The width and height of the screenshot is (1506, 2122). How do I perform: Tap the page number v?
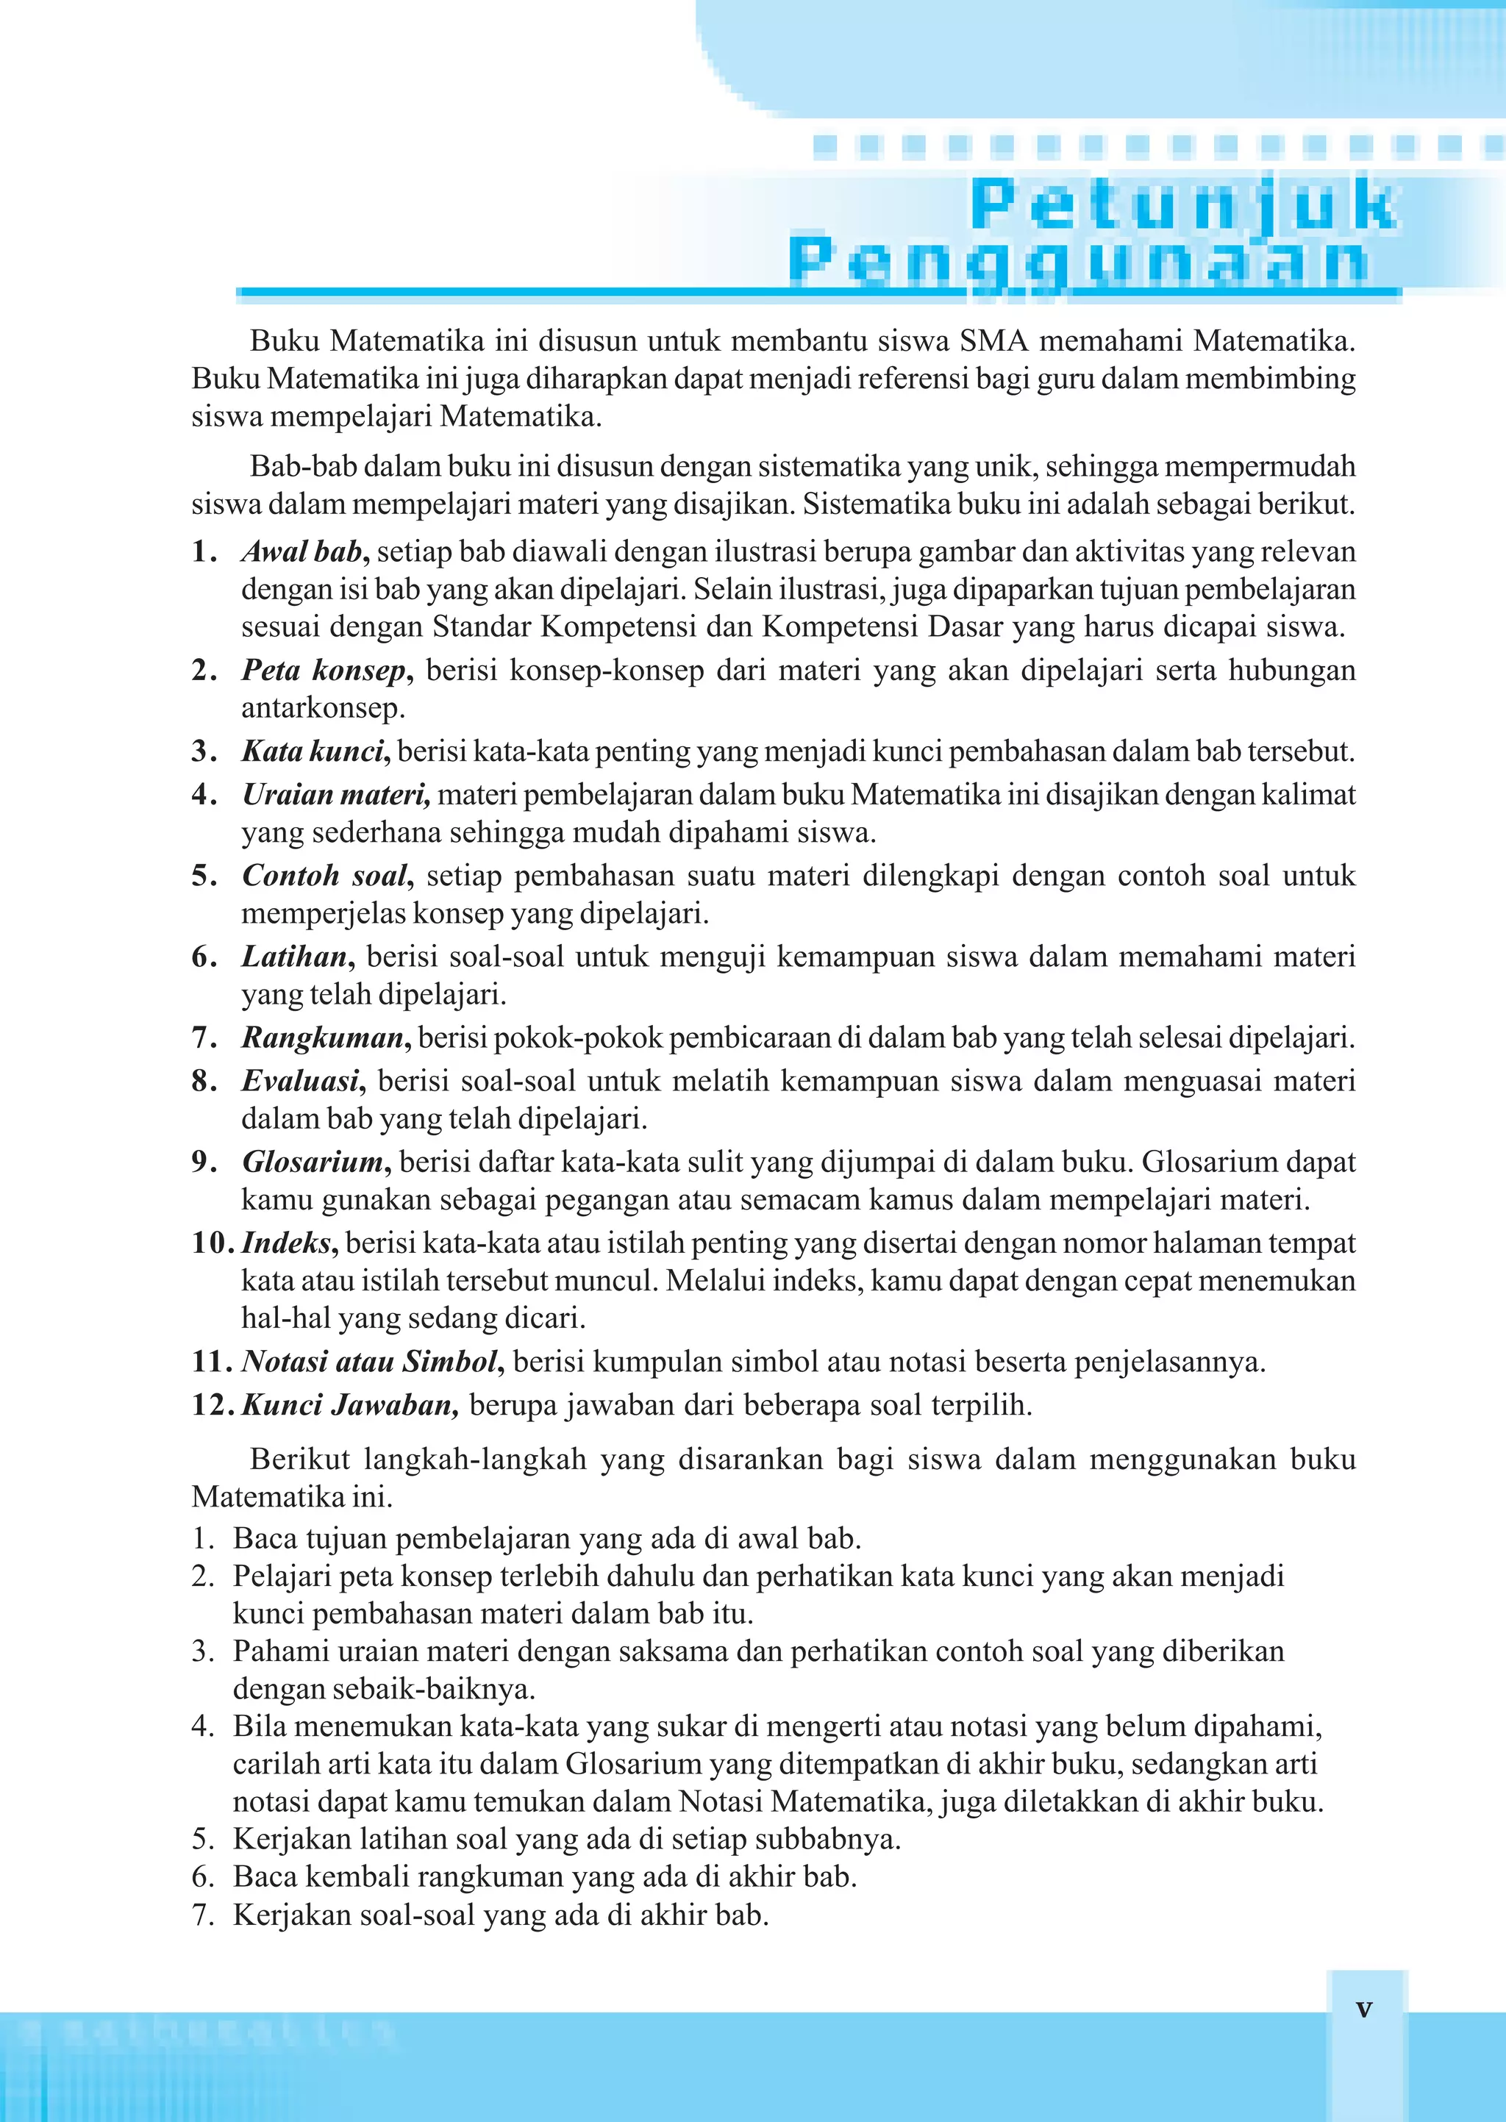coord(1363,2008)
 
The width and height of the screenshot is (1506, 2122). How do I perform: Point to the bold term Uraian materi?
coord(336,795)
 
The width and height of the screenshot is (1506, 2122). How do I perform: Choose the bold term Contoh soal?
coord(326,875)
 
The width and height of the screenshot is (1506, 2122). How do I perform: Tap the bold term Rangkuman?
coord(324,1037)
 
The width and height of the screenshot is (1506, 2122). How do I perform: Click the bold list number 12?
coord(213,1405)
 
